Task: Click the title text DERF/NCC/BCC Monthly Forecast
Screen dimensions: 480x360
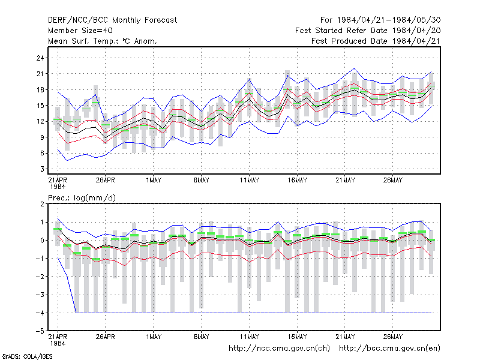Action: point(112,20)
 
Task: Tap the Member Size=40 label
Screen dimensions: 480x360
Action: point(80,31)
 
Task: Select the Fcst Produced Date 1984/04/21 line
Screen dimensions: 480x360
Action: point(376,41)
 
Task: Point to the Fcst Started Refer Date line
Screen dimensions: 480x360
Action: point(368,31)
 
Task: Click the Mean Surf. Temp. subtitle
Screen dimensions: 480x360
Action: point(103,41)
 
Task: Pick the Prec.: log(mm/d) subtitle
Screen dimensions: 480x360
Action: point(82,198)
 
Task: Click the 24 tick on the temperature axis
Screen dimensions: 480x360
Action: point(40,58)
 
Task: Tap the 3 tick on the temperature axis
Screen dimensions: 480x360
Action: point(43,169)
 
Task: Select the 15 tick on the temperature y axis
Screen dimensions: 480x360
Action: point(40,106)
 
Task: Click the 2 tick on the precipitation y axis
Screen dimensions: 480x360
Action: point(43,204)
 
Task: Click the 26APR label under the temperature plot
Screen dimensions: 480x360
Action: point(106,180)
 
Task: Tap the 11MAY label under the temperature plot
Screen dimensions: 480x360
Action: point(249,180)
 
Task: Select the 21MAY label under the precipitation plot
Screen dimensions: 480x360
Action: point(345,337)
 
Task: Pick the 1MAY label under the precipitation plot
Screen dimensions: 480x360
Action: point(154,337)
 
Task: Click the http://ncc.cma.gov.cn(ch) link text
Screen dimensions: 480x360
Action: point(279,349)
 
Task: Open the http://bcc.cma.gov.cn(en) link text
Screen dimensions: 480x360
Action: point(389,349)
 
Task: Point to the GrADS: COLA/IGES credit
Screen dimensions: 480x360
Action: point(27,356)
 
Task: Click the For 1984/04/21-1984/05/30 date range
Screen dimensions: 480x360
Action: point(380,20)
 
